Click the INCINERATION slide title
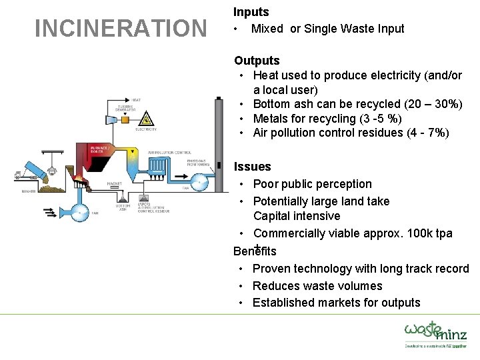point(121,29)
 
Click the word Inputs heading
point(251,12)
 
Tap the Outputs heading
point(257,61)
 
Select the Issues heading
point(252,167)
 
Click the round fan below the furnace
point(80,213)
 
